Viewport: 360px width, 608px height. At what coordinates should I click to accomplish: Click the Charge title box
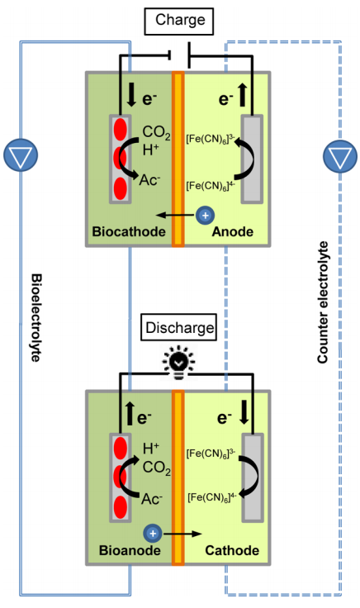(x=178, y=21)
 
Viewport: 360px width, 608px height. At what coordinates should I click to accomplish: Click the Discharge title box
(x=178, y=327)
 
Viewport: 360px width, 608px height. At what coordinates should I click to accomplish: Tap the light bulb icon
(x=178, y=362)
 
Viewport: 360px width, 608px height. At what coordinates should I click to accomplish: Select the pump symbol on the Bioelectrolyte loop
(x=21, y=155)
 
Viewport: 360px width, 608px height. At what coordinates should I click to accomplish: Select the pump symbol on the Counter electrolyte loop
(x=340, y=155)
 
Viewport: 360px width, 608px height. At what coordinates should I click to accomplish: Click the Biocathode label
(x=129, y=231)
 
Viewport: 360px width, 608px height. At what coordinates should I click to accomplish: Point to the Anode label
(x=233, y=231)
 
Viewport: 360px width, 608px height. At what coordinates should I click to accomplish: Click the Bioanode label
(x=130, y=550)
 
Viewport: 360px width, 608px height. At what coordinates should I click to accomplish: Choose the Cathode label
(x=232, y=550)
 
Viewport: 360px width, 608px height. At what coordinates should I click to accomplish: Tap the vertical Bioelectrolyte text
(x=36, y=317)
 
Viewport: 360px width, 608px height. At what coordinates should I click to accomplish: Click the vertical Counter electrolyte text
(x=323, y=302)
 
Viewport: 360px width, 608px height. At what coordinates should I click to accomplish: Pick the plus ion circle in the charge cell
(x=205, y=216)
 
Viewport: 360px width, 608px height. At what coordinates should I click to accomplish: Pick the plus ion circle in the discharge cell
(x=153, y=534)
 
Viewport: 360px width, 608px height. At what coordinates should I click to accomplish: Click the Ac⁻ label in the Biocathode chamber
(x=149, y=180)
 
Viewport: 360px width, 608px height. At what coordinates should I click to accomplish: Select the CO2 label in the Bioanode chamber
(x=157, y=468)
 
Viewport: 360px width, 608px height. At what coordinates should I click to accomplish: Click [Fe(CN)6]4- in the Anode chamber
(x=211, y=185)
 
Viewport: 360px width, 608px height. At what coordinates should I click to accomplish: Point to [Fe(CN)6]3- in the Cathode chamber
(x=211, y=454)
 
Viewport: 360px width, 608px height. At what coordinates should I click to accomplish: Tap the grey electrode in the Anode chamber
(x=253, y=159)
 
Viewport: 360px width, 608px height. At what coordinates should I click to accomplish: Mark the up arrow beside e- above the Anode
(x=243, y=95)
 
